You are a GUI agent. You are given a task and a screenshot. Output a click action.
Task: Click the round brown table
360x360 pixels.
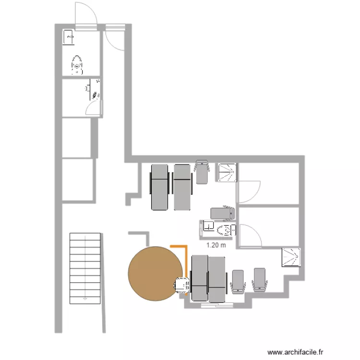[x=155, y=273]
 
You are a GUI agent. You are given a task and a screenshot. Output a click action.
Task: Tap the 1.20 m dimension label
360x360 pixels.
[x=216, y=245]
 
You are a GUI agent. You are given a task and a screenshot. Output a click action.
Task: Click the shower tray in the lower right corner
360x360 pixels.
[x=291, y=257]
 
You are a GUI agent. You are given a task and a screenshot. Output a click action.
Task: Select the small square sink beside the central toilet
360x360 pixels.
[x=208, y=226]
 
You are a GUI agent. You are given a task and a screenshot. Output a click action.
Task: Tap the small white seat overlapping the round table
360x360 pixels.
[x=182, y=285]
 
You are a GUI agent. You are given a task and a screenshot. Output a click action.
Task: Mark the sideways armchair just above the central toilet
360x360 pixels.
[x=223, y=213]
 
